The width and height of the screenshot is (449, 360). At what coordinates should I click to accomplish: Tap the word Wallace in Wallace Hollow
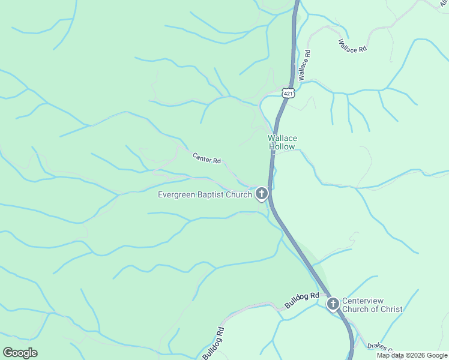coord(282,139)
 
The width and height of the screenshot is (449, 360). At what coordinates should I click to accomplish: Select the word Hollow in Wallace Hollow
coord(282,147)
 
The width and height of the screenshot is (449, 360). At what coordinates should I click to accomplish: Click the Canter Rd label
coord(206,158)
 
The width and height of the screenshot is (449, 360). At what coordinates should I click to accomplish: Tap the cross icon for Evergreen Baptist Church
coord(261,194)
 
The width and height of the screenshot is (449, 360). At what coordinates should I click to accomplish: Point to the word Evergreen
coord(177,194)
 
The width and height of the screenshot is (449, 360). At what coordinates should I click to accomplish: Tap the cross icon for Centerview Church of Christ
coord(333,304)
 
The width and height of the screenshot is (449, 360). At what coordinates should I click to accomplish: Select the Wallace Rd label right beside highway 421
coord(304,65)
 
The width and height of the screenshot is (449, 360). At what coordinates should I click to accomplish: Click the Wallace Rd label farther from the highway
coord(352,46)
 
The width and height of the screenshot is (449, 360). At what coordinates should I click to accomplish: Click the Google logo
coord(20,353)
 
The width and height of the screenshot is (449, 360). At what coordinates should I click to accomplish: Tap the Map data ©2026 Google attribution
coord(411,355)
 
